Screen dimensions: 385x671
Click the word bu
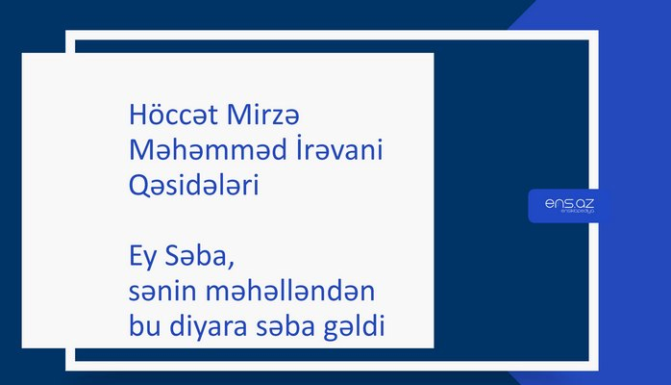(141, 326)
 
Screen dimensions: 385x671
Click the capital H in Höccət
(136, 115)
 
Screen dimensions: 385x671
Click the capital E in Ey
(135, 258)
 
